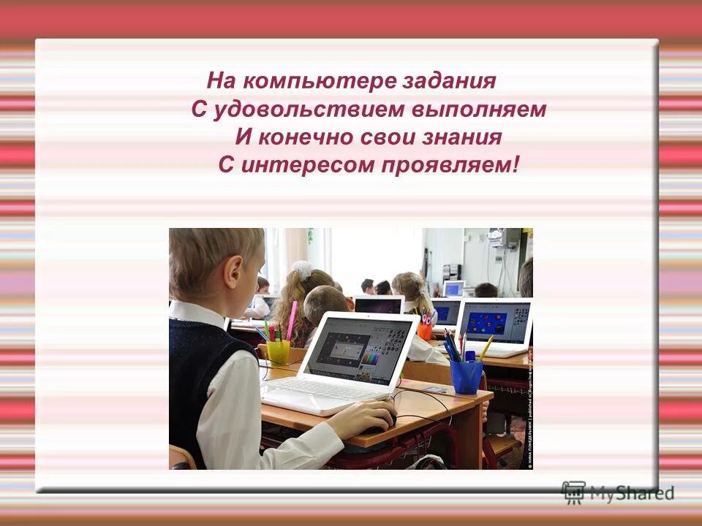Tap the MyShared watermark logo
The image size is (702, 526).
tap(617, 492)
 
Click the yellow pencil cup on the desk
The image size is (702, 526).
tap(279, 351)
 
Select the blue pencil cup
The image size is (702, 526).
tap(466, 376)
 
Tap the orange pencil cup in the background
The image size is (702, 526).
tap(424, 331)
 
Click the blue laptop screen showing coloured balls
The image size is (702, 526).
tap(494, 322)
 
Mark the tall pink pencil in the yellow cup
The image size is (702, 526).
tap(292, 321)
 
